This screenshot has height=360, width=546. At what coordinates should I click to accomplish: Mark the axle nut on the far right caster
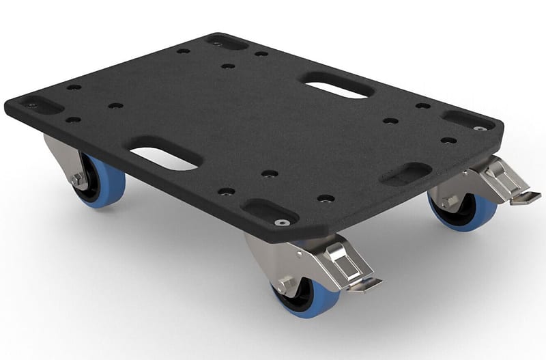coord(449,201)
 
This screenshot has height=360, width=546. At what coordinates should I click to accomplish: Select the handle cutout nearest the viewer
coord(164,154)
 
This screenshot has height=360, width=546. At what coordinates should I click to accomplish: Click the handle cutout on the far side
coord(337,86)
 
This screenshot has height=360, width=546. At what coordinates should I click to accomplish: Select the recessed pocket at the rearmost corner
coord(225,42)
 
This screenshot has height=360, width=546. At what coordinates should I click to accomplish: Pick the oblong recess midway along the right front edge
coord(405,174)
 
